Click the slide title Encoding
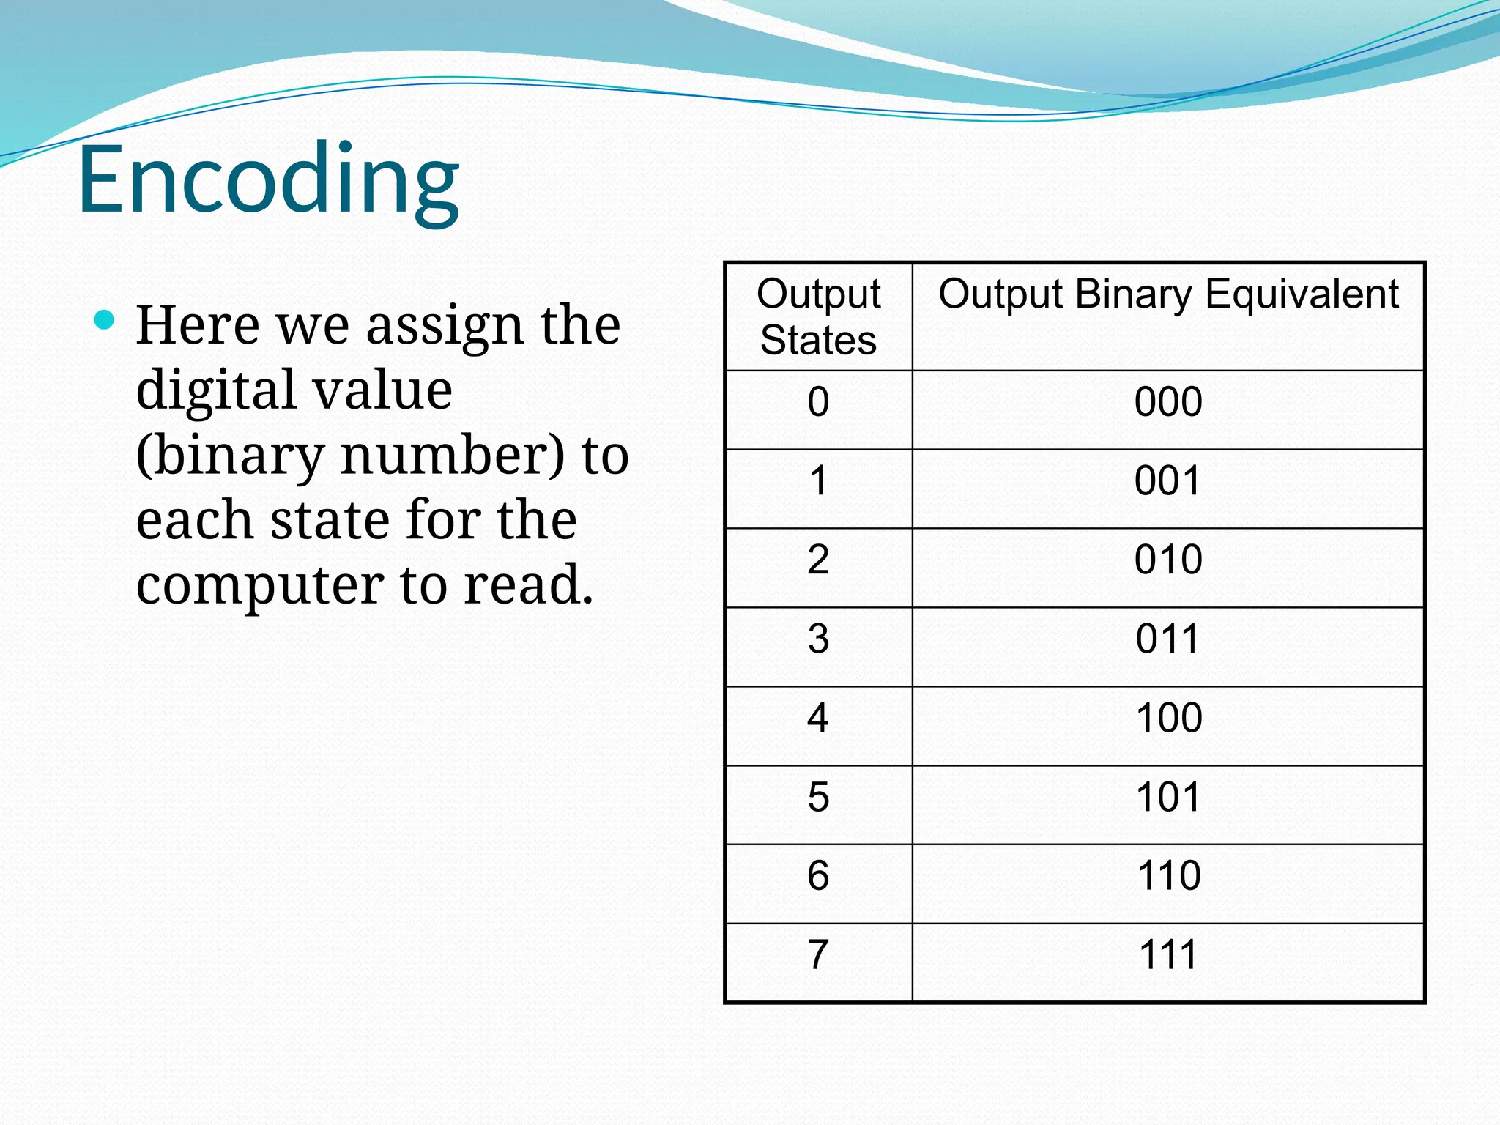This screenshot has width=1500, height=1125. (x=268, y=179)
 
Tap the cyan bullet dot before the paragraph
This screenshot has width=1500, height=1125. (x=105, y=320)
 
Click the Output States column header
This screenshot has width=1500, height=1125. (x=818, y=316)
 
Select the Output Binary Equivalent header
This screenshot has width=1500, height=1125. (x=1168, y=294)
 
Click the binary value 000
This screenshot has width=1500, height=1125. (x=1168, y=402)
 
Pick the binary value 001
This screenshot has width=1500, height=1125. (x=1168, y=481)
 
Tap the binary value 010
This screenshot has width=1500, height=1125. (x=1168, y=560)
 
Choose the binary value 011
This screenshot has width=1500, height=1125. (x=1168, y=639)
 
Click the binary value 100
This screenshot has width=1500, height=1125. (x=1169, y=718)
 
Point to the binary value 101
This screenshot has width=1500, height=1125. (x=1169, y=797)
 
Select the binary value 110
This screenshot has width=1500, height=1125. (x=1169, y=876)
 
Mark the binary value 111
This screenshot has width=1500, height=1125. (x=1169, y=955)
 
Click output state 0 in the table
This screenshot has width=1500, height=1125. (x=818, y=402)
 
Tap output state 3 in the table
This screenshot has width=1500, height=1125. (x=818, y=639)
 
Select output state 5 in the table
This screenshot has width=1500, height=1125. (x=818, y=797)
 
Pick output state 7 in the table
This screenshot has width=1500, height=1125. (x=818, y=955)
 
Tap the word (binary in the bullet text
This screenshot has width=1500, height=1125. (x=229, y=457)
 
